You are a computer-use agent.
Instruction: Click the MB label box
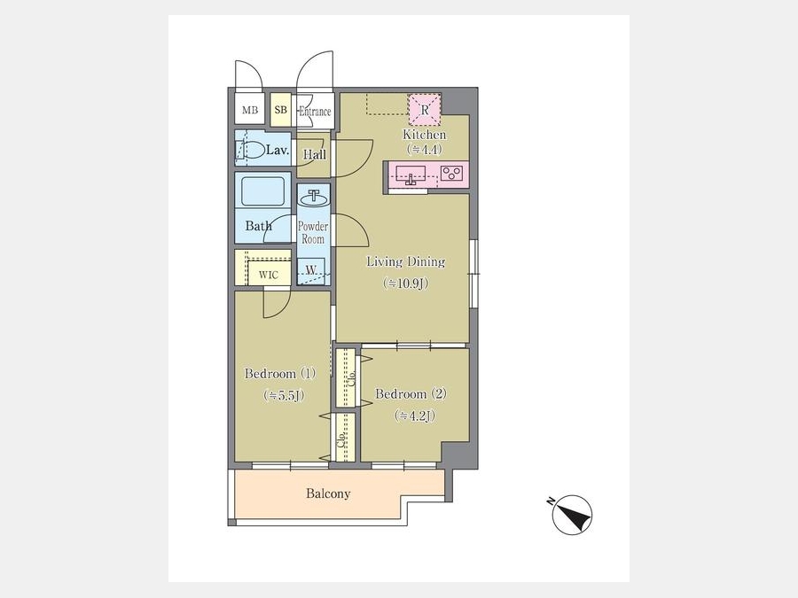point(250,110)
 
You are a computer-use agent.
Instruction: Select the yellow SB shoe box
point(280,109)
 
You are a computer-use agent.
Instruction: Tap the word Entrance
point(315,112)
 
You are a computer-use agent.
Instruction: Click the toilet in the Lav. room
point(249,150)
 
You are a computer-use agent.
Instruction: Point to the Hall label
point(315,154)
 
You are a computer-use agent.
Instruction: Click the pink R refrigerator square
point(425,109)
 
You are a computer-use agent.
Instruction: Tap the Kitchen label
point(425,135)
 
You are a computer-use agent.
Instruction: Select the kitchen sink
point(411,173)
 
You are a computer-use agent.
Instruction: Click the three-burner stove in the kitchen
point(451,174)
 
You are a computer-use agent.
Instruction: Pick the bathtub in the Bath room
point(262,191)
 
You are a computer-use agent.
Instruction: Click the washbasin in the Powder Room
point(314,197)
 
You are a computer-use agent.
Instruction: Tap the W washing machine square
point(311,271)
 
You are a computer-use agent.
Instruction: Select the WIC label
point(268,276)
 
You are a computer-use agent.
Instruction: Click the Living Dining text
point(405,261)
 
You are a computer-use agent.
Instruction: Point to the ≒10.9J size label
point(405,283)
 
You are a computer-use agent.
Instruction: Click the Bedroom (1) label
point(280,374)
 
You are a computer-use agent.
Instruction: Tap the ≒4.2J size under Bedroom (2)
point(415,416)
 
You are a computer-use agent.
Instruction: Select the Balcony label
point(328,493)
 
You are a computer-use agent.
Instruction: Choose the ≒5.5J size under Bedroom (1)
point(284,396)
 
